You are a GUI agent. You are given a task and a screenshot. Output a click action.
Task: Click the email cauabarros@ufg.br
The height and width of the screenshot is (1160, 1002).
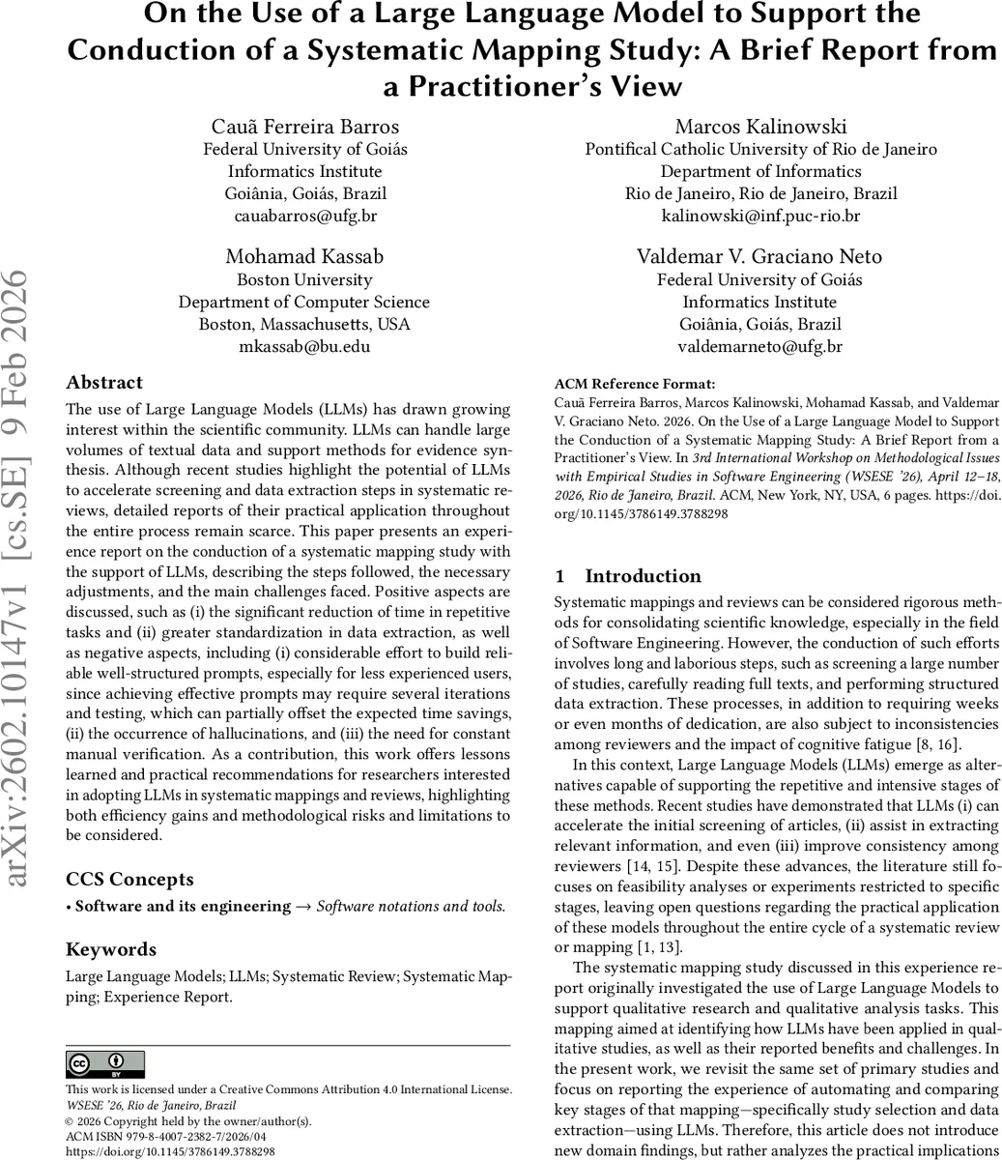(305, 216)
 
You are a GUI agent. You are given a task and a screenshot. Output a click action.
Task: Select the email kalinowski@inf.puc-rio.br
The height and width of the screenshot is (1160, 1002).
(760, 216)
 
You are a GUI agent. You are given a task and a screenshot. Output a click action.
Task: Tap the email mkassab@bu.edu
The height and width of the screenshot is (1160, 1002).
(305, 346)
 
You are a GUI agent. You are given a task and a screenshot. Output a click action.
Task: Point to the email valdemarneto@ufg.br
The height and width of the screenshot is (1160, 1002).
(760, 346)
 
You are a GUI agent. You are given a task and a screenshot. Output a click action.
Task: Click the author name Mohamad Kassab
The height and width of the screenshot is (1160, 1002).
(305, 256)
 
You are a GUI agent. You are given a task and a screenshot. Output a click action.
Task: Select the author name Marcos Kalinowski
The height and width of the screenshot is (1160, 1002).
(760, 127)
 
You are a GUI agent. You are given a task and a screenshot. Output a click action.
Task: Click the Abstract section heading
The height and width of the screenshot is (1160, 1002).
(104, 383)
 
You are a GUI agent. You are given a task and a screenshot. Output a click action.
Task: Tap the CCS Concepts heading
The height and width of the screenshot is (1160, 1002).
(129, 879)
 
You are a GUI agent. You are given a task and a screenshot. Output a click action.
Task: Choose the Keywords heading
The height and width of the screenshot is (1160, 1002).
(111, 949)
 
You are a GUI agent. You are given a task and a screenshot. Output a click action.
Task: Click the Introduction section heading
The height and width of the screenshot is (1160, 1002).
(643, 576)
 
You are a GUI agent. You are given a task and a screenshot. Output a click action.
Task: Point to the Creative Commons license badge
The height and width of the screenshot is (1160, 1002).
(105, 1064)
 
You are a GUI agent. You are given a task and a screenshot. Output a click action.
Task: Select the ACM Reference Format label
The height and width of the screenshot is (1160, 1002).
(621, 384)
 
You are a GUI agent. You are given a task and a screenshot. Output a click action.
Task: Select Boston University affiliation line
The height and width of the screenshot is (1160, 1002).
(305, 279)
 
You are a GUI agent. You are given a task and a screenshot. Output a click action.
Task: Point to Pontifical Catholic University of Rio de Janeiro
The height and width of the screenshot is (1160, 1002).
(760, 149)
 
